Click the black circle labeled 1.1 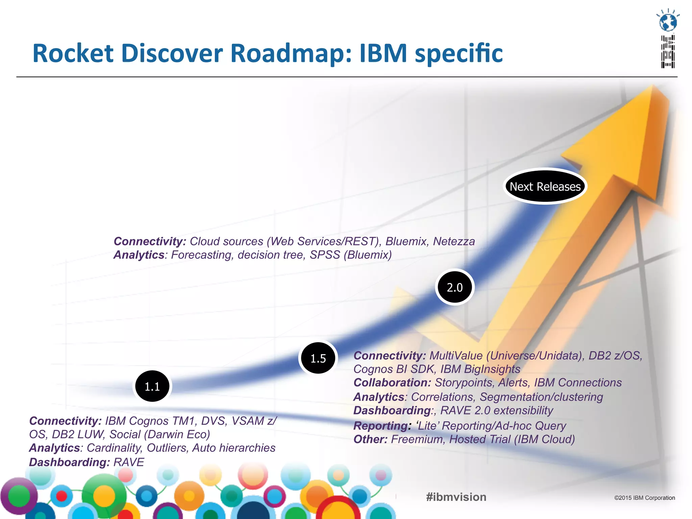coord(152,386)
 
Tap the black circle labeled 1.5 coord(318,358)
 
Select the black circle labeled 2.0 coord(454,287)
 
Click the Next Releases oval coord(545,187)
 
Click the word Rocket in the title coord(73,53)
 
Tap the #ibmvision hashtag coord(456,497)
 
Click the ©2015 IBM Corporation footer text coord(644,498)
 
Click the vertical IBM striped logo coord(668,51)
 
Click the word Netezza coord(454,241)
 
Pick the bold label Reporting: coord(382,426)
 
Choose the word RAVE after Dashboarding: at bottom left coord(129,462)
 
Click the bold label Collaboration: coord(392,382)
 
